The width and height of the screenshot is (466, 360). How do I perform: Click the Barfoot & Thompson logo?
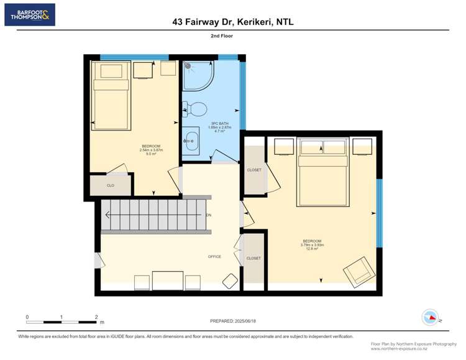point(29,15)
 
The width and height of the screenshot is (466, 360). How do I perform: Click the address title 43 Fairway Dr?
point(232,22)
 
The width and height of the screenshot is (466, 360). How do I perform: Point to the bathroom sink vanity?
point(191,141)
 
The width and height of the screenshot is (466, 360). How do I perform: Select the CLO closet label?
point(111,185)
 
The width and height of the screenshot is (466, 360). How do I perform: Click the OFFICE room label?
point(214,257)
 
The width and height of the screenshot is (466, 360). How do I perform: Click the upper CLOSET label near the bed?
point(254,170)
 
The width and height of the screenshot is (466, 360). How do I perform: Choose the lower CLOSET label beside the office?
point(254,258)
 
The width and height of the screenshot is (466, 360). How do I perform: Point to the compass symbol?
point(430,317)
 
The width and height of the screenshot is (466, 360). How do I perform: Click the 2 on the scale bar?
point(96,316)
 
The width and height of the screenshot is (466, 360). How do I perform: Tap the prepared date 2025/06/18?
point(233,321)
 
